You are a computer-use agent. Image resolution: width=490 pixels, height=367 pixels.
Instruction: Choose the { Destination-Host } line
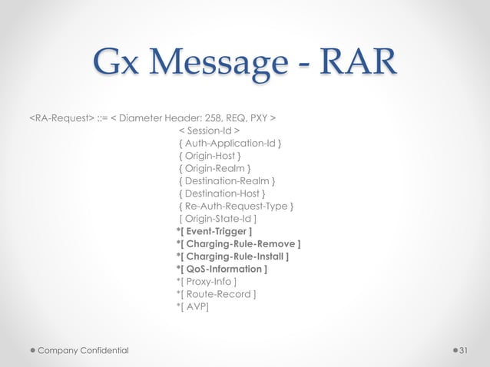click(x=223, y=193)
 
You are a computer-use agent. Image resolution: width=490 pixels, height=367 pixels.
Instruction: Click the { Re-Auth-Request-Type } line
click(x=235, y=206)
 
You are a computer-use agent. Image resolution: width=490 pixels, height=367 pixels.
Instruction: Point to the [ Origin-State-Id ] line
click(x=217, y=219)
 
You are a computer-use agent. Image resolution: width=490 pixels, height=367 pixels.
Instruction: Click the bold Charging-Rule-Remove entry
click(x=238, y=244)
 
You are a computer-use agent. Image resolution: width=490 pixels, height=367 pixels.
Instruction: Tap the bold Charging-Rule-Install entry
click(x=233, y=256)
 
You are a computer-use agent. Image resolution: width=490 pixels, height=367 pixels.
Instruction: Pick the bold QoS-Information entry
click(x=222, y=269)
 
